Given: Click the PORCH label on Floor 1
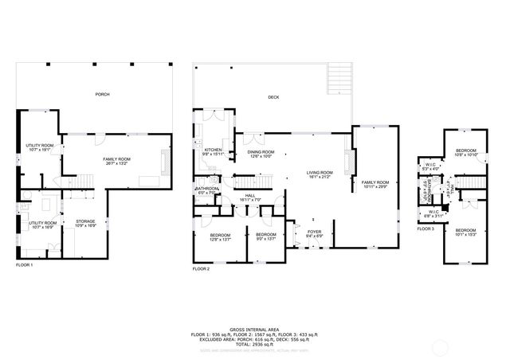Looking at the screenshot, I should [x=102, y=94].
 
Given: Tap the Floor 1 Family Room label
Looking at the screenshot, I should [x=117, y=161].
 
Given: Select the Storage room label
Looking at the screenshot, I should [x=85, y=223].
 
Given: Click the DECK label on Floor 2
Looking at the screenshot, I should [x=273, y=96].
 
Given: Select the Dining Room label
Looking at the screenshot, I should [x=261, y=154].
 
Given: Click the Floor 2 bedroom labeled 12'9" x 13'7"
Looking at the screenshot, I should [x=219, y=237].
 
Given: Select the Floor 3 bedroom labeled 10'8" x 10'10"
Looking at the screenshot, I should [x=466, y=152].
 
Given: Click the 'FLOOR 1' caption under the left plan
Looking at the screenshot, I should [x=25, y=264].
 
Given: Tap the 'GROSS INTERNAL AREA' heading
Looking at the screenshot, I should [x=255, y=328].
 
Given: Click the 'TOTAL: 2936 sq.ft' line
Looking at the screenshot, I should [x=255, y=345].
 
